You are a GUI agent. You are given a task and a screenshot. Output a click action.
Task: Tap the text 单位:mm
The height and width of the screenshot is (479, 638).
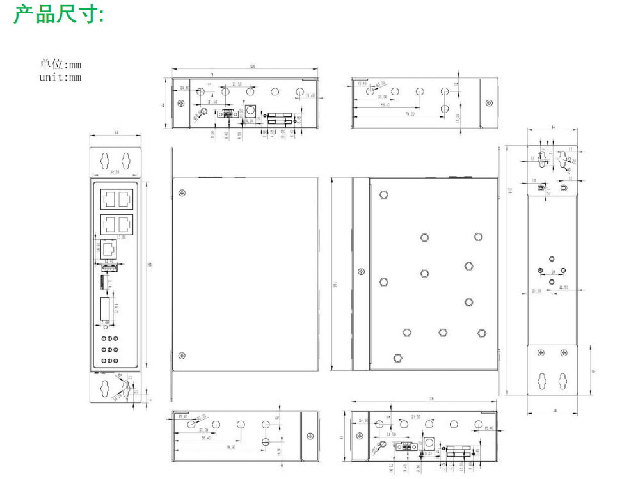(x=61, y=65)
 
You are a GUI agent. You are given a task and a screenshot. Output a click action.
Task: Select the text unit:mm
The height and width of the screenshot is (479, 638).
(x=61, y=77)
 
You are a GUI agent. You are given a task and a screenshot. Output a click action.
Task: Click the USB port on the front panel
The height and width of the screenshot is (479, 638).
(x=109, y=269)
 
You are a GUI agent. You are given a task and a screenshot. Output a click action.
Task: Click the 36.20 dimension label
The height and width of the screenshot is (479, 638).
(x=115, y=172)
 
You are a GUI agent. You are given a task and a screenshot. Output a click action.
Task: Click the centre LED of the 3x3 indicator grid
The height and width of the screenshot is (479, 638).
(x=110, y=349)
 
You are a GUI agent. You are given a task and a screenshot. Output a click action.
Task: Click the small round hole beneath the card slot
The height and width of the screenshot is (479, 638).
(x=106, y=327)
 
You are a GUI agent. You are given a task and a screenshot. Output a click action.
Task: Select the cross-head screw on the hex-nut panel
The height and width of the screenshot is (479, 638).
(x=361, y=271)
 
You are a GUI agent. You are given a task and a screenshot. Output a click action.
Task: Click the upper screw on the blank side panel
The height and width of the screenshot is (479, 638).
(x=182, y=192)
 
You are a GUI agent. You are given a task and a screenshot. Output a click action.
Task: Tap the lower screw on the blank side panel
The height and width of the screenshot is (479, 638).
(x=182, y=356)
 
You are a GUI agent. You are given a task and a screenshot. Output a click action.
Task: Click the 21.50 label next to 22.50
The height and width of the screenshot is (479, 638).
(x=537, y=291)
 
